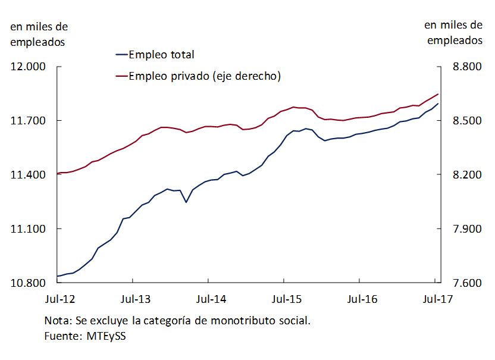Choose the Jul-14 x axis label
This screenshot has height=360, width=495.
[x=208, y=299]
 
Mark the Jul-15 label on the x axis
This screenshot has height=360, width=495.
[x=284, y=299]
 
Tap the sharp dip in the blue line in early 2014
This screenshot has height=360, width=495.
[x=186, y=202]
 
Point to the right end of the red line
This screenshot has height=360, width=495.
[x=438, y=94]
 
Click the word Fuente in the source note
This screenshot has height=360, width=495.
[x=62, y=336]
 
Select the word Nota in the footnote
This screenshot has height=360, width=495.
[x=57, y=321]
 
